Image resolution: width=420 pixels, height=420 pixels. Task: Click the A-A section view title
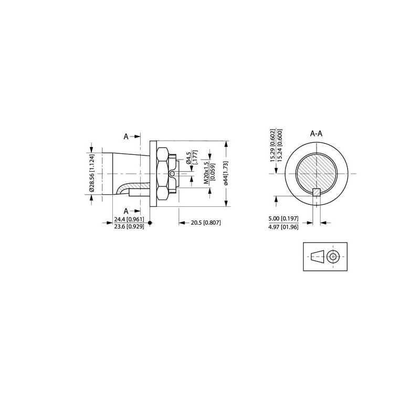(x=316, y=133)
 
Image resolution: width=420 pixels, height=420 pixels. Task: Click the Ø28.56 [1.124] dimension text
(x=92, y=174)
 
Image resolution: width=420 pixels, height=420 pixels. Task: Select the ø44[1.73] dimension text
(x=226, y=173)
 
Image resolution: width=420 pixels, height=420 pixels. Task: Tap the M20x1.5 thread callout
(x=206, y=173)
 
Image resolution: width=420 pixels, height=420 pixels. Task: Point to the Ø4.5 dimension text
(x=188, y=158)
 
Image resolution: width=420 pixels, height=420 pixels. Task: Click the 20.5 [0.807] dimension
(x=206, y=223)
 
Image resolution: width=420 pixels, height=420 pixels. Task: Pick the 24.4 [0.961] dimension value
(x=129, y=219)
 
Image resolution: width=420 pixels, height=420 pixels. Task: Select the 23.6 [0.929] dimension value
(x=129, y=226)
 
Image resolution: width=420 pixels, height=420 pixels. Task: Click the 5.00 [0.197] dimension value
(x=283, y=218)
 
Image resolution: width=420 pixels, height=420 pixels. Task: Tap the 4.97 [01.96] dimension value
(x=283, y=227)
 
